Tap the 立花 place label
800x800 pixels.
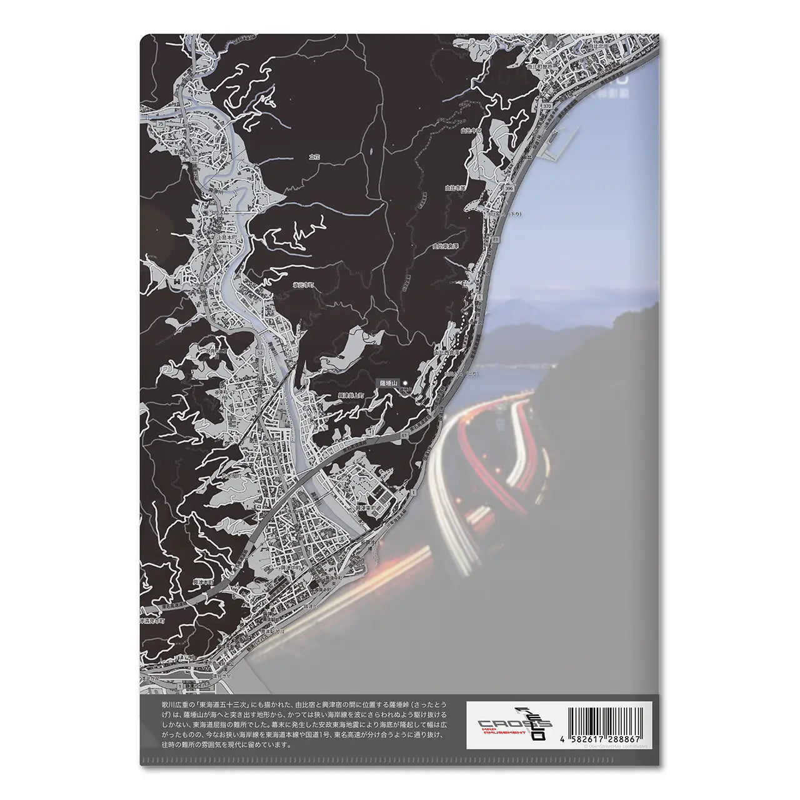tap(314, 157)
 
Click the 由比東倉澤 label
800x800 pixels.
tap(445, 247)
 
